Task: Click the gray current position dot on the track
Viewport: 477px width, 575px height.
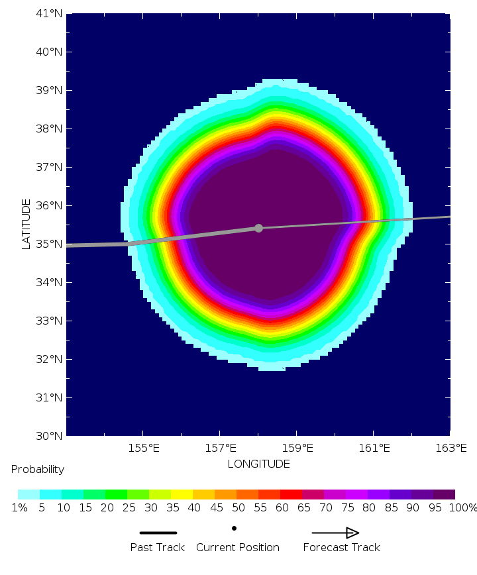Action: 258,228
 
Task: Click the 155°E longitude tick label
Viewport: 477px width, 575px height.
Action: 143,448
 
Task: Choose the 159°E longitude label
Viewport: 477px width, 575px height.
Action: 297,448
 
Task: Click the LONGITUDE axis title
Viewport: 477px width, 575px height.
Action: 258,464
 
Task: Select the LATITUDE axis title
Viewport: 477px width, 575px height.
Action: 26,224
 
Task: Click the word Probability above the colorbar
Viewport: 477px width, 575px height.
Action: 38,469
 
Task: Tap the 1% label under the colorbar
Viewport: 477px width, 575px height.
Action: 19,508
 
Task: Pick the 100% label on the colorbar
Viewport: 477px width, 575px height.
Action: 462,508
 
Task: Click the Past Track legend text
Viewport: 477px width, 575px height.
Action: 158,547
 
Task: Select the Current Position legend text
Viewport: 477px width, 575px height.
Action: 238,547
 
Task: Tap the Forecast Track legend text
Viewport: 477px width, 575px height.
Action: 342,547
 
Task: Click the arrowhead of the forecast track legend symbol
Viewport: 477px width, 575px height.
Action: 352,533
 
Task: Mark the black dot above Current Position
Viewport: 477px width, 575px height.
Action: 235,528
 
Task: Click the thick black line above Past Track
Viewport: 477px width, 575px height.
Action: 158,533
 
